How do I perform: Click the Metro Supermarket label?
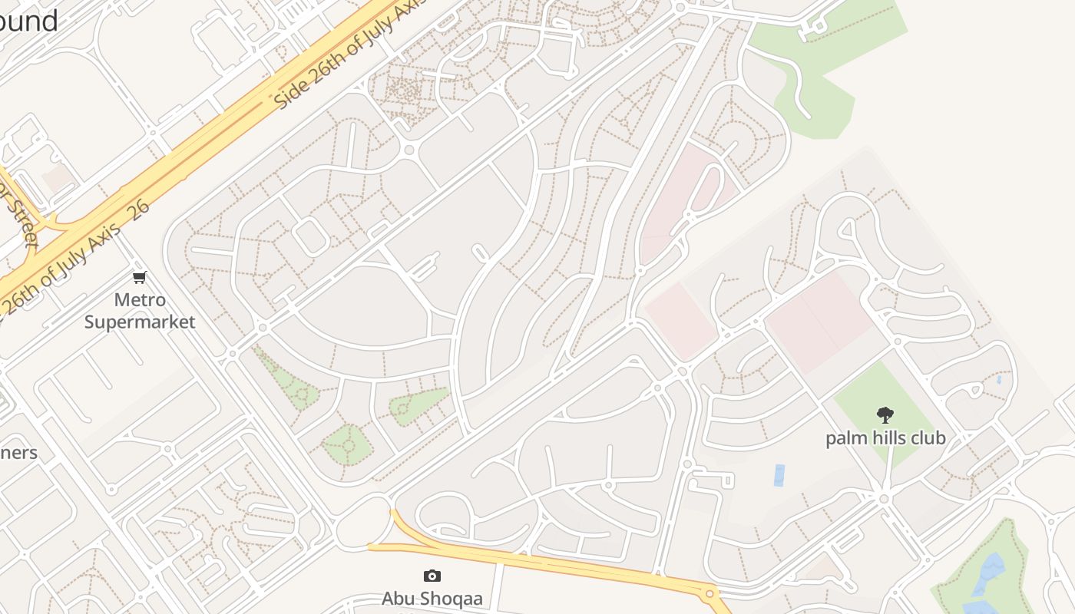[x=139, y=311]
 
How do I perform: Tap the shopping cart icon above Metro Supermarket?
[x=139, y=277]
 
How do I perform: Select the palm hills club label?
[x=885, y=438]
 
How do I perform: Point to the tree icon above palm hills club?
[x=885, y=415]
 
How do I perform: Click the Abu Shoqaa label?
[x=432, y=598]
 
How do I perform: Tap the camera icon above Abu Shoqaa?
[x=432, y=576]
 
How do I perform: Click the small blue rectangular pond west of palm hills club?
[x=779, y=475]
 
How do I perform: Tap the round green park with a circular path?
[x=347, y=444]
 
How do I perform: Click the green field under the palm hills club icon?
[x=883, y=399]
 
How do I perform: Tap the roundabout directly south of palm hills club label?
[x=884, y=499]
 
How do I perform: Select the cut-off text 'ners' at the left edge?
[x=18, y=452]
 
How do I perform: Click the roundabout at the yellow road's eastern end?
[x=709, y=593]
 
